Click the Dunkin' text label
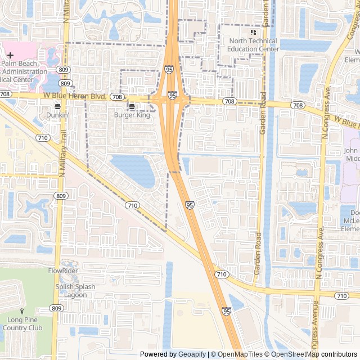coord(57,115)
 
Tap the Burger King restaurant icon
coord(132,106)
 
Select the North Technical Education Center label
coord(253,45)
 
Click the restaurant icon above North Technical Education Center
coord(253,33)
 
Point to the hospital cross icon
coord(10,55)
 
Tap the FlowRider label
coord(63,271)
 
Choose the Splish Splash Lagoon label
coord(75,290)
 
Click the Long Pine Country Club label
coord(22,324)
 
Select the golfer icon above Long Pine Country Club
coord(22,311)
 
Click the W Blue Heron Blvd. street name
coord(75,97)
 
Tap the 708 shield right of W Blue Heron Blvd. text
coord(117,97)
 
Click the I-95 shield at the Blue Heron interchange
coord(172,96)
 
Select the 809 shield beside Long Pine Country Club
coord(56,308)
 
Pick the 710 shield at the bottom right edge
coord(341,295)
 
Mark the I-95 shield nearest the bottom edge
coord(226,310)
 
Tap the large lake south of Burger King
coord(134,170)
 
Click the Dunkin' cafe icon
coord(57,106)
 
